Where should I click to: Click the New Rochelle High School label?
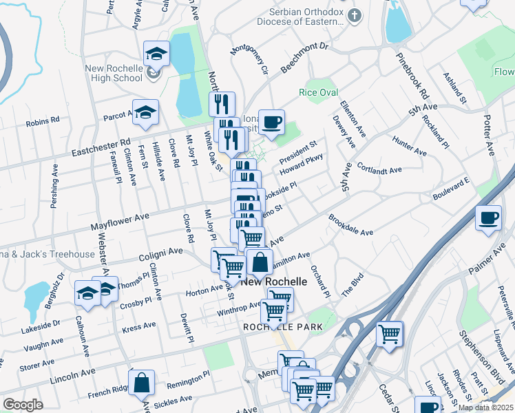[114, 73]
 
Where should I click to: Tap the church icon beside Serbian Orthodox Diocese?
[355, 15]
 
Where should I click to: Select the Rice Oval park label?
[317, 92]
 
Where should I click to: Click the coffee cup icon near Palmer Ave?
[488, 219]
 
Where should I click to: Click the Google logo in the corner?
[23, 405]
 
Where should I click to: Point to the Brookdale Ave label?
[350, 228]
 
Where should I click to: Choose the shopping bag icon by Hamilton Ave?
[259, 262]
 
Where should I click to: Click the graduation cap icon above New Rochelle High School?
[157, 54]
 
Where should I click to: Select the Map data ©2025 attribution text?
[485, 407]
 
